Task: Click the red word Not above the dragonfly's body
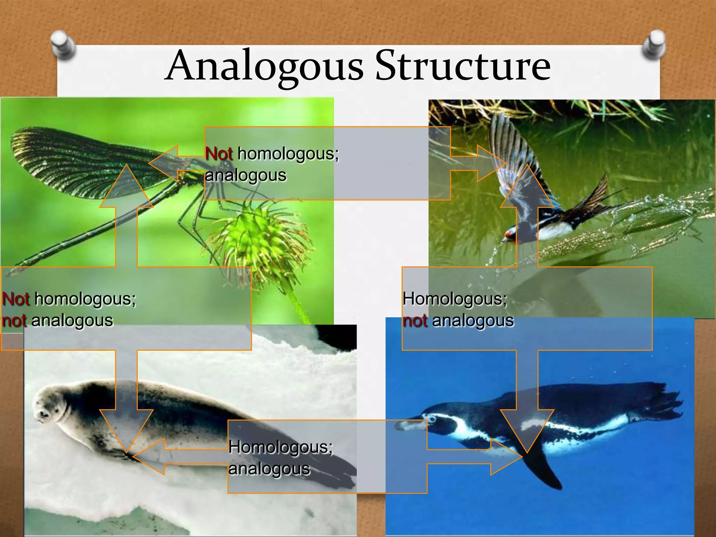[x=219, y=154]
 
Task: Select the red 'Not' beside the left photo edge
[x=16, y=299]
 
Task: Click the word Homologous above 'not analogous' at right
[x=454, y=299]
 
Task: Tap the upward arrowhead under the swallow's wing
[x=527, y=185]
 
